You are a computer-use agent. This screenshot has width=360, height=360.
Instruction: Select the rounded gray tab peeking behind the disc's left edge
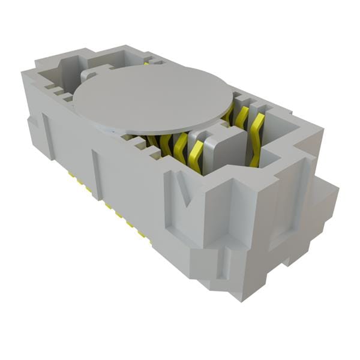(x=87, y=75)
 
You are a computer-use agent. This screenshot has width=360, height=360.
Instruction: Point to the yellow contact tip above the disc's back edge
(x=146, y=62)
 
